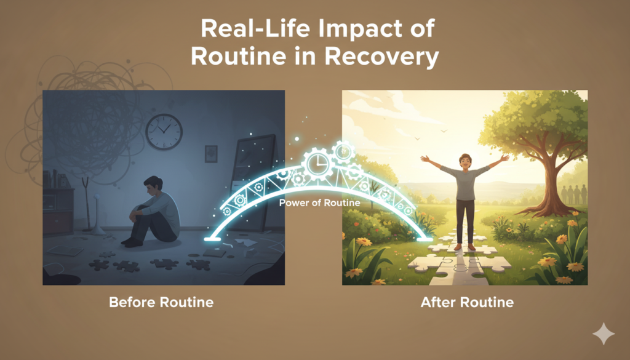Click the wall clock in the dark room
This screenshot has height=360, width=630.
(x=164, y=132)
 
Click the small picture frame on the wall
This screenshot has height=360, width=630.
(x=211, y=154)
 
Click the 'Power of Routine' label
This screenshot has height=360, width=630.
(x=319, y=203)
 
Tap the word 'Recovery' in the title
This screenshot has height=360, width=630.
(x=381, y=57)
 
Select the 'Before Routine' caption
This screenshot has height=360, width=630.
(x=161, y=302)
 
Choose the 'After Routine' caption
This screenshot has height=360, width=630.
(x=467, y=302)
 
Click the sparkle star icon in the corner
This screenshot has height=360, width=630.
(x=604, y=334)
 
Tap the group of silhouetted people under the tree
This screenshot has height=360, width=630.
(x=573, y=194)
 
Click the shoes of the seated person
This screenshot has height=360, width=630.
(x=132, y=242)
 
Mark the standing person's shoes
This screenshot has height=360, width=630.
(x=465, y=247)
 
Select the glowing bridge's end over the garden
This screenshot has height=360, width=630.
(x=425, y=239)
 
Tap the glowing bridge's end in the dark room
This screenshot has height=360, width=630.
(x=212, y=239)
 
